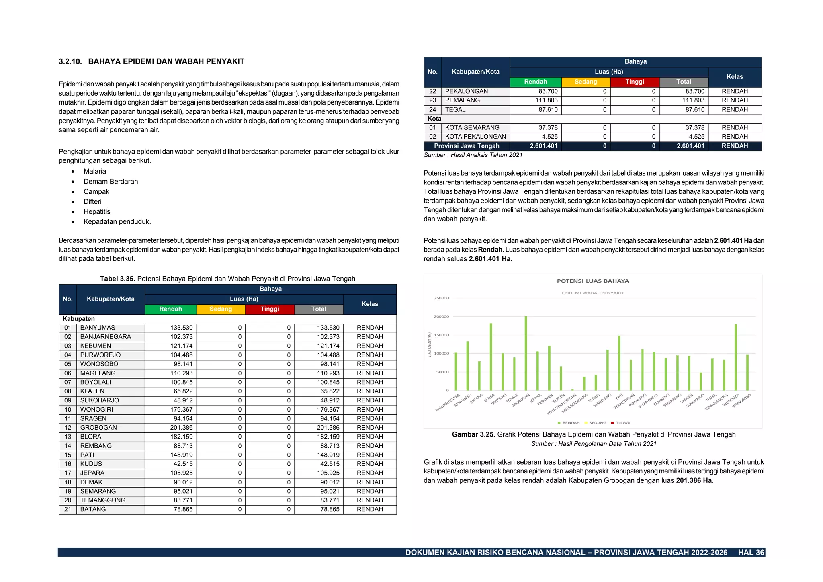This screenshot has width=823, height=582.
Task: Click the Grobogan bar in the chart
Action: click(x=526, y=353)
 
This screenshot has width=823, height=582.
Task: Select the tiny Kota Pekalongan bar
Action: click(x=573, y=389)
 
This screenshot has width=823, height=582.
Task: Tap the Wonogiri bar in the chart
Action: click(x=736, y=357)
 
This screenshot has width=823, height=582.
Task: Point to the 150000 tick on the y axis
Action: click(x=441, y=335)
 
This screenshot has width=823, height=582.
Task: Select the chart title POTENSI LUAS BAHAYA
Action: click(x=593, y=281)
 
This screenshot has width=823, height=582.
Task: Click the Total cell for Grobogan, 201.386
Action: click(x=328, y=428)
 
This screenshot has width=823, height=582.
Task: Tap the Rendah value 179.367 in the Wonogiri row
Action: click(x=181, y=410)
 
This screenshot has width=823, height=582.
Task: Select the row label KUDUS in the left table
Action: click(x=91, y=464)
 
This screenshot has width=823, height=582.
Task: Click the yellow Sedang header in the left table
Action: click(x=221, y=309)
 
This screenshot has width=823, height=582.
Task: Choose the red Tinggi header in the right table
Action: click(x=635, y=82)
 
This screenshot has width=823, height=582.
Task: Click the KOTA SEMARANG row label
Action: click(x=472, y=128)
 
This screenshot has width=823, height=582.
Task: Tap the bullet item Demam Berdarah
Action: click(x=111, y=182)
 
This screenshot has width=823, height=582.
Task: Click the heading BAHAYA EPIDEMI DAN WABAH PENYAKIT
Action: click(x=166, y=61)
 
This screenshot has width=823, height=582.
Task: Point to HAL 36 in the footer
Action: click(x=751, y=553)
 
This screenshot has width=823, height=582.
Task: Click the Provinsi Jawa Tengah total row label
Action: click(x=467, y=146)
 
